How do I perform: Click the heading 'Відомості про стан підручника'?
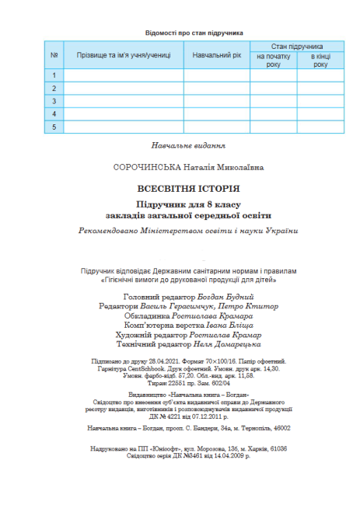point(194,33)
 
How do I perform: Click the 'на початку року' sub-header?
point(273,61)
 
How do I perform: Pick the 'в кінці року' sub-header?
point(320,61)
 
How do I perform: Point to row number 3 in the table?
point(54,101)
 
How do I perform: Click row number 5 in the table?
point(54,126)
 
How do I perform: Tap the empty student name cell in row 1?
point(123,75)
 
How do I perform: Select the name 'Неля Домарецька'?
point(222,343)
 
